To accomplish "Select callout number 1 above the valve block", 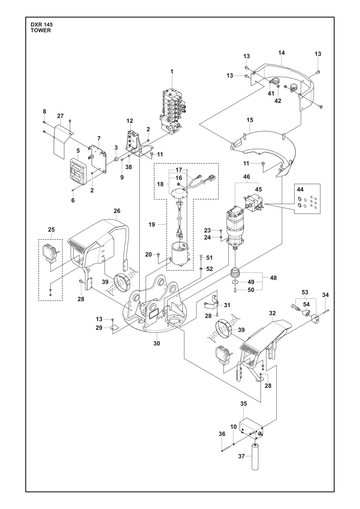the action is click(x=172, y=71).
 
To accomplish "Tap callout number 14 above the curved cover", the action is click(x=282, y=53).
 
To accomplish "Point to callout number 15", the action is click(x=250, y=120).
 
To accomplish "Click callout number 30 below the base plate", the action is click(x=157, y=343).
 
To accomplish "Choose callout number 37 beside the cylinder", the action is click(x=242, y=456).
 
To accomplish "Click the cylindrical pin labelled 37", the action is click(x=255, y=456).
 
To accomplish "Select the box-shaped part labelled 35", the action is click(x=253, y=427).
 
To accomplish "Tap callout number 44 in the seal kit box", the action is click(x=300, y=189).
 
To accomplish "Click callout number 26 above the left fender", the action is click(x=117, y=211).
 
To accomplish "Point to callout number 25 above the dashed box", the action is click(x=51, y=230).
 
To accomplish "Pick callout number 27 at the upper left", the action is click(x=60, y=116).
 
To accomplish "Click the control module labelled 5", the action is click(x=79, y=170).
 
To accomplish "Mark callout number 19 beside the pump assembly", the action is click(x=152, y=224).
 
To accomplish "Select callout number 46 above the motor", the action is click(x=247, y=177).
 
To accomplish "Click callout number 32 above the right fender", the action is click(x=272, y=313).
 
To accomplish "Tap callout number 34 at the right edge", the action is click(x=325, y=295).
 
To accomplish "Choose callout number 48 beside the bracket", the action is click(x=273, y=278).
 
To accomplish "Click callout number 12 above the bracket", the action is click(x=130, y=121).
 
